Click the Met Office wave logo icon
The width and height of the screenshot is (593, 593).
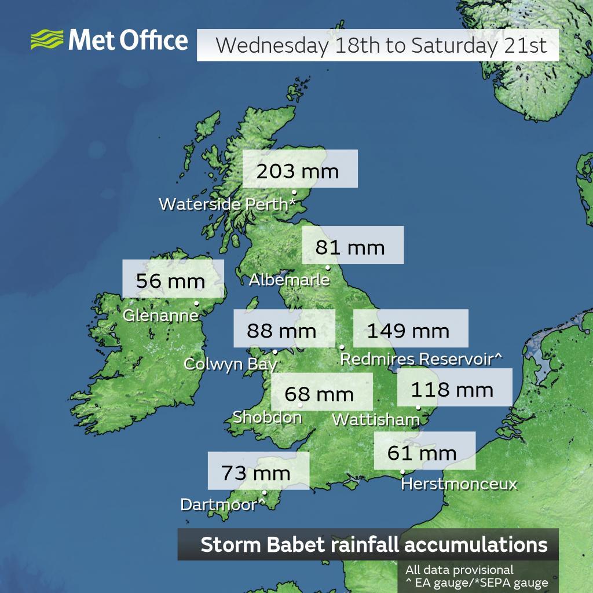click(x=47, y=41)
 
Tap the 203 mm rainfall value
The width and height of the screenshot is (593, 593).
click(x=297, y=171)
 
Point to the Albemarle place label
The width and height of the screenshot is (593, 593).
click(x=289, y=280)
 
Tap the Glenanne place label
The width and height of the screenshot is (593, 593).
click(x=160, y=316)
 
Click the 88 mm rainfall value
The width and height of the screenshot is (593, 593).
click(x=281, y=331)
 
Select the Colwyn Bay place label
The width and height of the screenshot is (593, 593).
click(x=230, y=364)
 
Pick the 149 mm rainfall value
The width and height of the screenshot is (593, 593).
click(x=408, y=331)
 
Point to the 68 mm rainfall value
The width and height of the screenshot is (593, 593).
click(x=319, y=394)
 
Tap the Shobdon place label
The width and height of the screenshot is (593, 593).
click(x=267, y=417)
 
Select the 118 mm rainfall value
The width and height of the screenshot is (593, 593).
click(x=452, y=389)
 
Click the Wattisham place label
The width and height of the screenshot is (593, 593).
click(x=375, y=419)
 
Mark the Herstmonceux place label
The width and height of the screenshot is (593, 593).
click(x=459, y=484)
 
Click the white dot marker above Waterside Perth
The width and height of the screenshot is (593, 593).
click(x=294, y=192)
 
